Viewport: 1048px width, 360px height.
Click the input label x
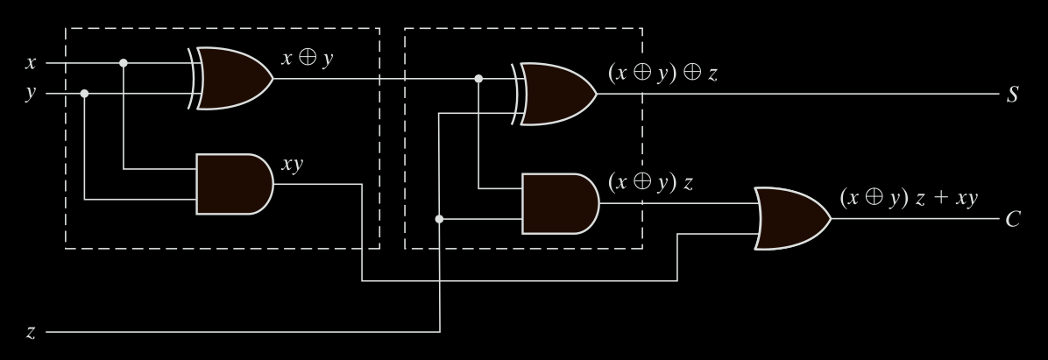pyautogui.click(x=32, y=63)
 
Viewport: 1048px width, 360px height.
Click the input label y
pyautogui.click(x=32, y=94)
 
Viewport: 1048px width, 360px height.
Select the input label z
pyautogui.click(x=32, y=333)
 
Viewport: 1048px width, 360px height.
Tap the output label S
pyautogui.click(x=1012, y=94)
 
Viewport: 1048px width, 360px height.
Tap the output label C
pyautogui.click(x=1012, y=218)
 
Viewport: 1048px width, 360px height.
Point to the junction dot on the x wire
pyautogui.click(x=124, y=63)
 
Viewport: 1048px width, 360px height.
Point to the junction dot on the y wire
pyautogui.click(x=84, y=94)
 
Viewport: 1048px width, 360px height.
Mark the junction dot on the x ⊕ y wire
pyautogui.click(x=478, y=78)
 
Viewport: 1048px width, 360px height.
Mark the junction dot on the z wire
pyautogui.click(x=440, y=219)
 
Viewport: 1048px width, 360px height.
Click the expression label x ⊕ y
pyautogui.click(x=307, y=60)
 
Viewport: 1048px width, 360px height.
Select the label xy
pyautogui.click(x=293, y=165)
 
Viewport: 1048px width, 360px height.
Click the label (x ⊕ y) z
pyautogui.click(x=651, y=183)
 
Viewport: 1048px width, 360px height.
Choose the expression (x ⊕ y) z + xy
pyautogui.click(x=908, y=197)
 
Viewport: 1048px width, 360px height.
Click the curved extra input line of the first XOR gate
pyautogui.click(x=191, y=78)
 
